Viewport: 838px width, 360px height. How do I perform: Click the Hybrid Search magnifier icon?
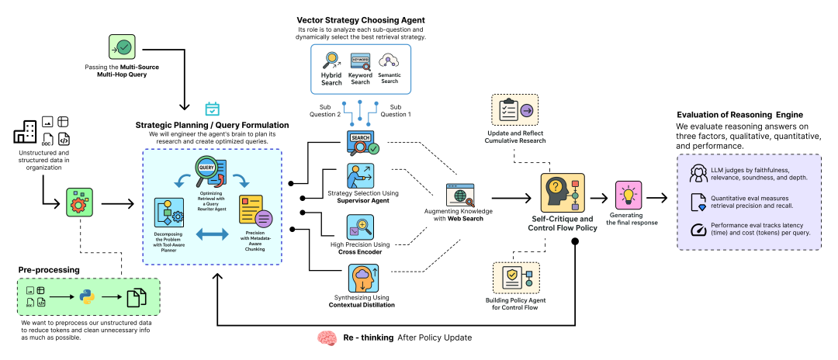tap(332, 61)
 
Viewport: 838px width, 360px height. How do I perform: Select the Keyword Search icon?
tap(360, 62)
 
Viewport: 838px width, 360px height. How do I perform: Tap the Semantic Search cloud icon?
tap(389, 61)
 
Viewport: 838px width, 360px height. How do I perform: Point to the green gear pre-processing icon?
tap(78, 204)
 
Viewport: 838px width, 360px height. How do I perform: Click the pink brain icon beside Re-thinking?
tap(327, 338)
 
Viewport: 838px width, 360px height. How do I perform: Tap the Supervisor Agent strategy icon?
tap(360, 175)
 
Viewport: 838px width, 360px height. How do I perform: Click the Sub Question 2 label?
tap(331, 109)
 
